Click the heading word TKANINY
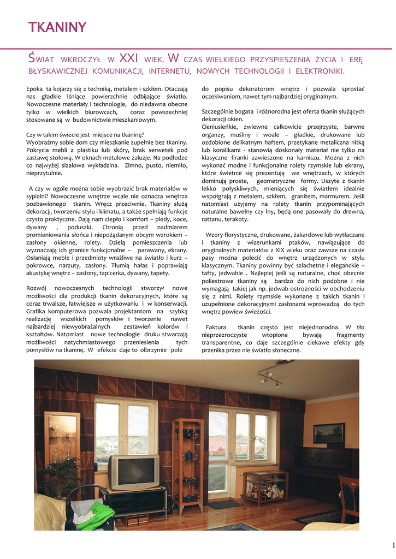[57, 28]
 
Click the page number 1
[393, 545]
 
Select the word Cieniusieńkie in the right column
[222, 127]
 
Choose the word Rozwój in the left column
[38, 288]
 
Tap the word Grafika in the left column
[38, 311]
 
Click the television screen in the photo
[133, 472]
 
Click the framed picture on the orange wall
[329, 433]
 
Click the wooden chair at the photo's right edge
[348, 497]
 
